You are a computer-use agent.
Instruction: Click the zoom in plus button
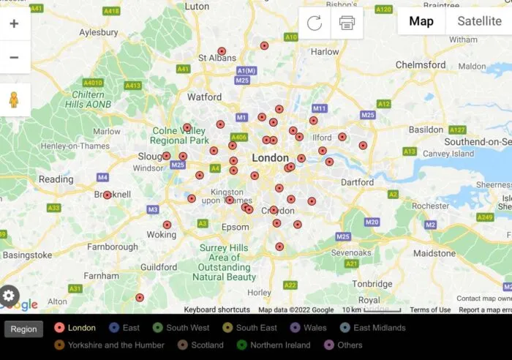tap(14, 23)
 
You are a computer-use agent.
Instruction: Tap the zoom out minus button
tap(14, 57)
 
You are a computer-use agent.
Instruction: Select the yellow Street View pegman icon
tap(14, 100)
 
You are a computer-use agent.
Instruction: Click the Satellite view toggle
tap(479, 21)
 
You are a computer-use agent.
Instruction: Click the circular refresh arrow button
tap(315, 23)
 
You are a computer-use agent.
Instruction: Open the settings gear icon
tap(9, 296)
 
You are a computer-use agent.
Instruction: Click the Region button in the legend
tap(23, 329)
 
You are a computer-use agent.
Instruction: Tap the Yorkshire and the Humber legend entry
tap(110, 345)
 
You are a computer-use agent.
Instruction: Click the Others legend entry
tap(342, 345)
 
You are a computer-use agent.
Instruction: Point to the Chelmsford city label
tap(420, 64)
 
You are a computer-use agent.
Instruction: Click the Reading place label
tap(56, 179)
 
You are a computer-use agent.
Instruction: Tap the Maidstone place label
tap(434, 253)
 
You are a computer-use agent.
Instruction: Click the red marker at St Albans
tap(222, 51)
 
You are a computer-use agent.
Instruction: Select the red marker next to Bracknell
tap(108, 195)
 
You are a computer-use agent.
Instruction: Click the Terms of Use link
tap(430, 310)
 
